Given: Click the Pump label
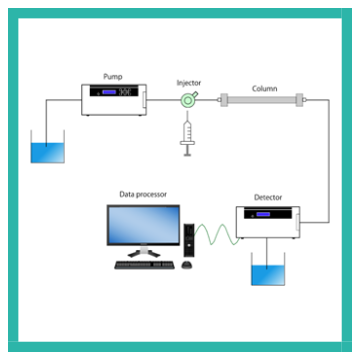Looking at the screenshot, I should coord(113,77).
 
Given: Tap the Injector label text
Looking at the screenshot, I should coord(189,83).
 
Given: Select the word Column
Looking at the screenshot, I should coord(264,89).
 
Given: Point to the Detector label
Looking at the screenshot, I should coord(268,197).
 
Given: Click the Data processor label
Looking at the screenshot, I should coord(143,194).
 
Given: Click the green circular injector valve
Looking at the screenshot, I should coord(187,100).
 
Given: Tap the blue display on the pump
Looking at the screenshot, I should coord(109,92).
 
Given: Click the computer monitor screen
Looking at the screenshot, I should coord(143,225).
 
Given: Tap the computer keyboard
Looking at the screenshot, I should coord(144,265).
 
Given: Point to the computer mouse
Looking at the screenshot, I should coord(187,265).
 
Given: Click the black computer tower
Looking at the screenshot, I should coord(189,240).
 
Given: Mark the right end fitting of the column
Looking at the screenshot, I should coord(300,100).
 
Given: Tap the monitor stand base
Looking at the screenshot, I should coord(143,253).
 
